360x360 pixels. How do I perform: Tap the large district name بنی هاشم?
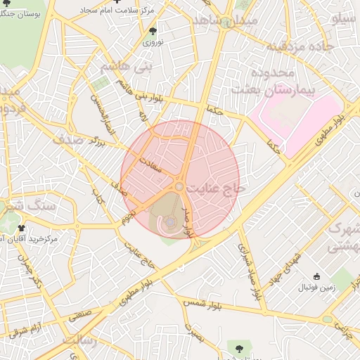[126, 68]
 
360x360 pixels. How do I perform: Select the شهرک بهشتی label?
[344, 238]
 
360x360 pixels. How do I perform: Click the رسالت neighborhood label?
[79, 340]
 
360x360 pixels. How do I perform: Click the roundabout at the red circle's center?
[180, 186]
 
